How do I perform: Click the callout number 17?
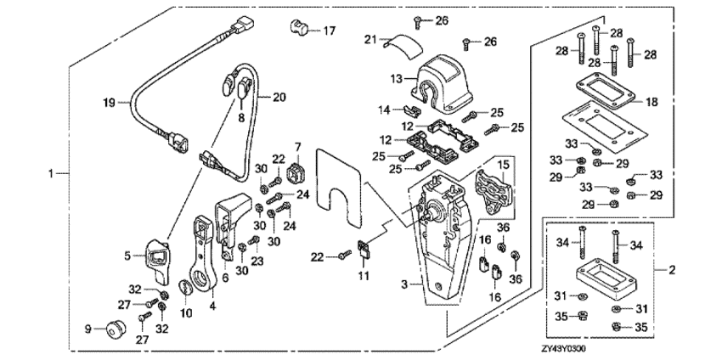(329, 31)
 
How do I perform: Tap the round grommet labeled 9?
(112, 328)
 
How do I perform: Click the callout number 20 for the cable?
(279, 97)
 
